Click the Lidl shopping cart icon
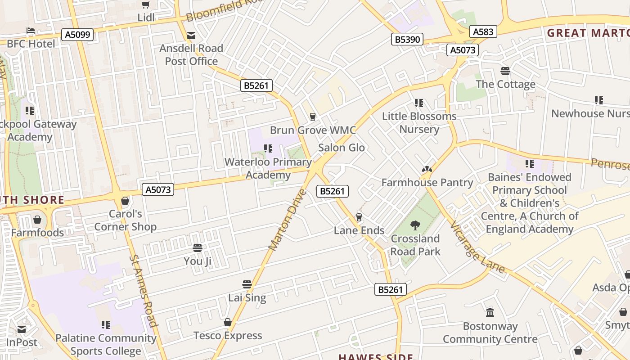click(x=145, y=5)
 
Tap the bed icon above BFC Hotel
click(x=31, y=31)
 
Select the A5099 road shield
click(x=77, y=35)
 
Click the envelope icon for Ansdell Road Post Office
click(x=191, y=36)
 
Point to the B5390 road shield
click(x=407, y=40)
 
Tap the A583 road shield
click(x=483, y=31)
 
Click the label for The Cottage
click(x=505, y=84)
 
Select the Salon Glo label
click(x=342, y=148)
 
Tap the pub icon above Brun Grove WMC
click(x=313, y=117)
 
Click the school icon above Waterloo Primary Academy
click(x=268, y=148)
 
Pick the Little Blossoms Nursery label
click(x=419, y=122)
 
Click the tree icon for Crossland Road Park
click(x=415, y=225)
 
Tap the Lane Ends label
click(x=359, y=230)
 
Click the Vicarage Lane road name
click(x=477, y=247)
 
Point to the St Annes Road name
click(x=144, y=290)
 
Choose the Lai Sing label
click(x=247, y=297)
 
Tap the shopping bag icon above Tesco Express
click(x=228, y=322)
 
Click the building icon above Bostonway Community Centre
click(x=490, y=312)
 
